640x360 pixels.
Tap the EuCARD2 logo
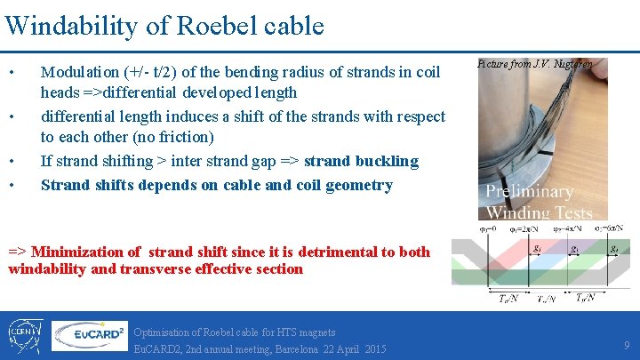88,335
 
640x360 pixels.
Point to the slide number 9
627,344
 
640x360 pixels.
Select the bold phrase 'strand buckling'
361,161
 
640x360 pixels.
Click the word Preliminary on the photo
529,192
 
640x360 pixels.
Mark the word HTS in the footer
284,332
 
